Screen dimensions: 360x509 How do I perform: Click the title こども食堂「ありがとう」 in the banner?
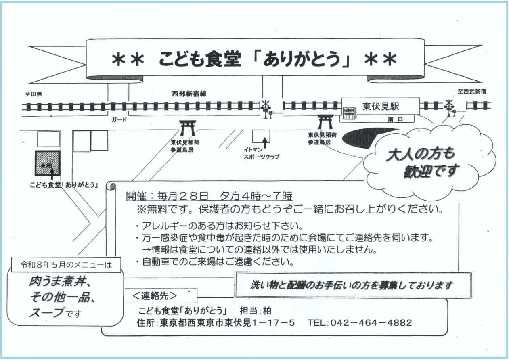pyautogui.click(x=254, y=59)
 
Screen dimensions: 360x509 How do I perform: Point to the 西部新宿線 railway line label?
pyautogui.click(x=189, y=94)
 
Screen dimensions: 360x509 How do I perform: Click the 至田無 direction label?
pyautogui.click(x=33, y=94)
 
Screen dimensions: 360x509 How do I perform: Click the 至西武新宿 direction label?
pyautogui.click(x=471, y=92)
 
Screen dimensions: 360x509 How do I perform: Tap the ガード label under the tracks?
pyautogui.click(x=119, y=120)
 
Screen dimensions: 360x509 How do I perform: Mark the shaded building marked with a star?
pyautogui.click(x=48, y=163)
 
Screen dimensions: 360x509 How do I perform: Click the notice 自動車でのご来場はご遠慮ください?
pyautogui.click(x=214, y=262)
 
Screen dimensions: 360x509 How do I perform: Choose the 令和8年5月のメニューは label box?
pyautogui.click(x=65, y=265)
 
